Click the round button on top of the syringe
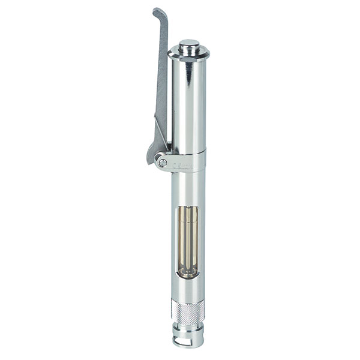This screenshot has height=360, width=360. pos(190,44)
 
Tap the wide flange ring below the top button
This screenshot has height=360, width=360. pos(189,54)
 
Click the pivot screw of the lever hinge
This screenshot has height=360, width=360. pos(162,162)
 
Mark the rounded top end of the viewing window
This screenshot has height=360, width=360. pos(187,207)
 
